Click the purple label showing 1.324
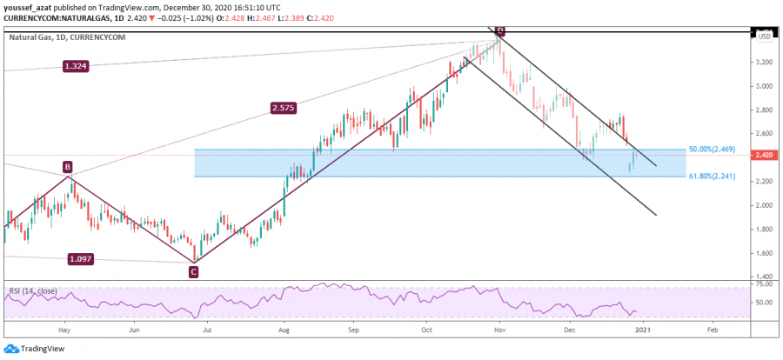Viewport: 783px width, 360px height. click(x=77, y=66)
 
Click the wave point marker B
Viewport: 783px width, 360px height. click(x=67, y=166)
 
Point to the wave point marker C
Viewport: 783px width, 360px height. click(x=193, y=271)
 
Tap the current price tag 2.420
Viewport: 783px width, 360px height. click(x=765, y=155)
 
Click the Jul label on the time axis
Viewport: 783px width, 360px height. click(x=206, y=330)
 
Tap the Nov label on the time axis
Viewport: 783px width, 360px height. click(x=499, y=330)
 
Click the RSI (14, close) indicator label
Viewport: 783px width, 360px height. click(x=35, y=290)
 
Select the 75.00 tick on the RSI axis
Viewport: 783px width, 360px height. click(x=765, y=284)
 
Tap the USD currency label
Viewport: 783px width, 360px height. click(x=765, y=37)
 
